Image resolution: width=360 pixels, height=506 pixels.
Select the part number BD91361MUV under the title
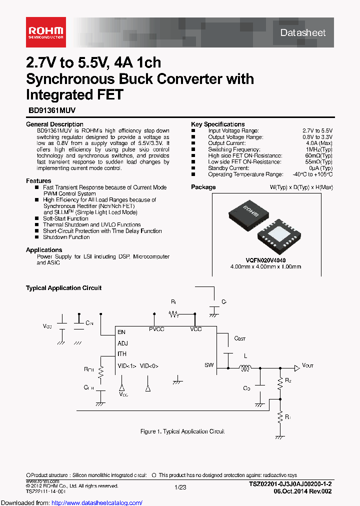50,113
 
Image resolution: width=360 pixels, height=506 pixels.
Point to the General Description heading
54,124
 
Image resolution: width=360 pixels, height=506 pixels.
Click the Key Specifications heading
217,124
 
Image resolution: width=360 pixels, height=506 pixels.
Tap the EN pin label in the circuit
121,332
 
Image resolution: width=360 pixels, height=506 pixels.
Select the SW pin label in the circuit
209,365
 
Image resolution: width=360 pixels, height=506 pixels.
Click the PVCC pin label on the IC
156,329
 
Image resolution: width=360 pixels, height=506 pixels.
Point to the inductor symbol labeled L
245,369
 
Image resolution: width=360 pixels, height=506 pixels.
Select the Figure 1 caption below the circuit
182,431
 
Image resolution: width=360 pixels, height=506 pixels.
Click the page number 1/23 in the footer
180,486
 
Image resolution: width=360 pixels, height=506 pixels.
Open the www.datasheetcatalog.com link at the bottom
71,502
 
